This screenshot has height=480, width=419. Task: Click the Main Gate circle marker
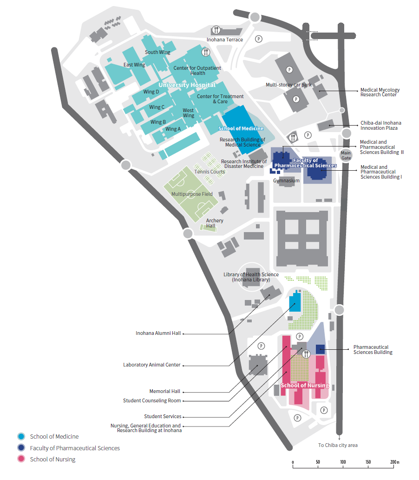pyautogui.click(x=346, y=154)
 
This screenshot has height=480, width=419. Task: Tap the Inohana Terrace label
pyautogui.click(x=225, y=40)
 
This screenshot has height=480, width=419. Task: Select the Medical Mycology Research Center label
pyautogui.click(x=380, y=92)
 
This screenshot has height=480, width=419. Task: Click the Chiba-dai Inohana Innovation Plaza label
pyautogui.click(x=380, y=126)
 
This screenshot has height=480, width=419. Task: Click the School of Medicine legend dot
pyautogui.click(x=21, y=436)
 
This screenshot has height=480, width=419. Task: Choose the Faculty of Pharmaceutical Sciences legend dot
pyautogui.click(x=21, y=448)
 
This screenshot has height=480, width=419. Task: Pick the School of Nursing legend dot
pyautogui.click(x=21, y=459)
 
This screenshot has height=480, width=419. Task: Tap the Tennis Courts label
pyautogui.click(x=209, y=172)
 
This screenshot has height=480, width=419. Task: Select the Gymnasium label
pyautogui.click(x=286, y=180)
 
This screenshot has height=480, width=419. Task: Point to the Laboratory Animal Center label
pyautogui.click(x=151, y=365)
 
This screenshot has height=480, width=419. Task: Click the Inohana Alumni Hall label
pyautogui.click(x=158, y=333)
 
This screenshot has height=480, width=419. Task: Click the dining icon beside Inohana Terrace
pyautogui.click(x=216, y=30)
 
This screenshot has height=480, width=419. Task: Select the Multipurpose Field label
pyautogui.click(x=192, y=194)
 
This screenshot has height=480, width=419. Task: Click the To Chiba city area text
pyautogui.click(x=338, y=445)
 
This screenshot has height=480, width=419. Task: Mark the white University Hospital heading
pyautogui.click(x=187, y=85)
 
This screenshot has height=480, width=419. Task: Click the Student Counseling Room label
pyautogui.click(x=151, y=400)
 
